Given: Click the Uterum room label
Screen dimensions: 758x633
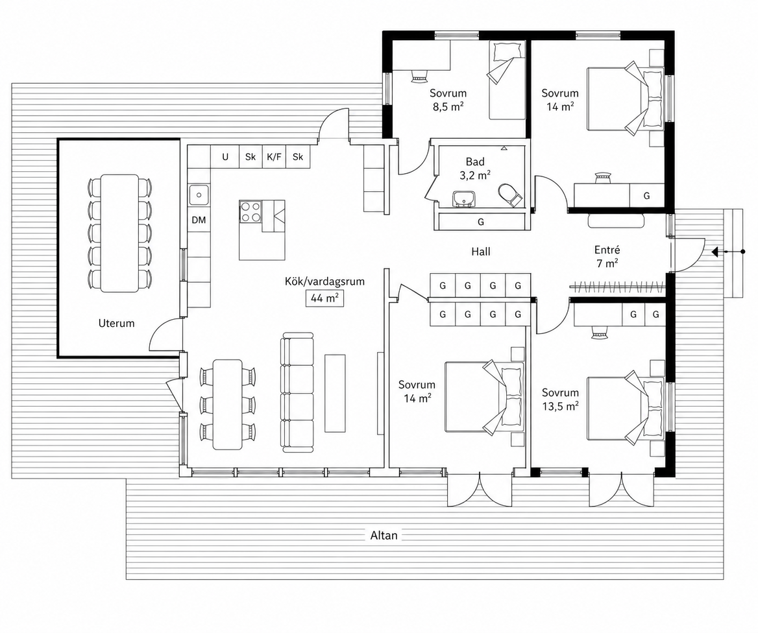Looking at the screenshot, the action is coord(117,323).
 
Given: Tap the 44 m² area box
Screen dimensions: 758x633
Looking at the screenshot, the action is coord(324,298).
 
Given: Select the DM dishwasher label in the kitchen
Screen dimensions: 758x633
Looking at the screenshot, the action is coord(199,221).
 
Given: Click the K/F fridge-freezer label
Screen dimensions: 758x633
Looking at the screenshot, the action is coord(274,157).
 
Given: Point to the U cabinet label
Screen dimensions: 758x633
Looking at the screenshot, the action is coord(225,157).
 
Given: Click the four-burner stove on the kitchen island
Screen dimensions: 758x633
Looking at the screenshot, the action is coord(250,211).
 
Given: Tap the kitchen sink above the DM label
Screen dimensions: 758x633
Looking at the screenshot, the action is coord(199,196).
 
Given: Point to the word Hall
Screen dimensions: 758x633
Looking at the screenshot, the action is coord(481,252).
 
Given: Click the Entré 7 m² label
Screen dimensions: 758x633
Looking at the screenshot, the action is coord(607,257).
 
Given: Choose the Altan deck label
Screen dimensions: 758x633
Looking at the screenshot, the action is coord(384,536).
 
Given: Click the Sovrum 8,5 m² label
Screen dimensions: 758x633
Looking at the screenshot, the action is coord(448,100).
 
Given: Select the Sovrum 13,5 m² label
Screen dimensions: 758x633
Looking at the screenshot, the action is coord(560,400).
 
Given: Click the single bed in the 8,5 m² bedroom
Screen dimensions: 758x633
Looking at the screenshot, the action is coord(507,80).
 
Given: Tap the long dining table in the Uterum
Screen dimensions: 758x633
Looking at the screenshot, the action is coord(119,233).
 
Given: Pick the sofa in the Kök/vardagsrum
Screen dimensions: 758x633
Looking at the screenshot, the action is coord(297,392).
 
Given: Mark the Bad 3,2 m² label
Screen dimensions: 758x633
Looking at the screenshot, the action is coord(475,169).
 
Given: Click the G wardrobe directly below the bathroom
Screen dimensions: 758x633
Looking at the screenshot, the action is coord(480,222).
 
